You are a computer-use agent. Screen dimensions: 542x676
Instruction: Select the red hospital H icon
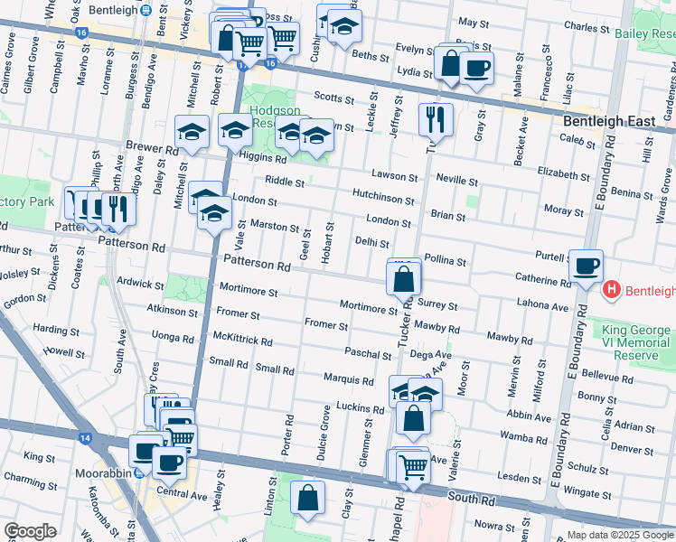coord(612,290)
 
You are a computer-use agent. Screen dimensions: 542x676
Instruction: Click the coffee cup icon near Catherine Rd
coord(587,266)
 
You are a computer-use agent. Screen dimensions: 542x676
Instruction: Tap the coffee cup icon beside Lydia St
coord(476,67)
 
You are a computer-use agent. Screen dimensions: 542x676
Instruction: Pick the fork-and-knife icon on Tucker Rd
coord(436,117)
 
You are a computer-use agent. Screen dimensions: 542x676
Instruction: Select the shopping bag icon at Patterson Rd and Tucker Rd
coord(403,279)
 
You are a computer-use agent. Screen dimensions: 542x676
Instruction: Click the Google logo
coord(30,531)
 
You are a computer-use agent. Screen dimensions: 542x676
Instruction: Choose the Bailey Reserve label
coord(644,33)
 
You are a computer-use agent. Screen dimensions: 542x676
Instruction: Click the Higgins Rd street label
coord(263,157)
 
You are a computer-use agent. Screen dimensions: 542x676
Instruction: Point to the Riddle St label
coord(285,181)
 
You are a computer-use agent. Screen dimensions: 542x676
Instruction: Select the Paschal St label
coord(367,353)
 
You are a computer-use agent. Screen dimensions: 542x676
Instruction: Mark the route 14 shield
coord(85,438)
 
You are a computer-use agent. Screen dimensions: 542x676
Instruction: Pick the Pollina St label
coord(445,261)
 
